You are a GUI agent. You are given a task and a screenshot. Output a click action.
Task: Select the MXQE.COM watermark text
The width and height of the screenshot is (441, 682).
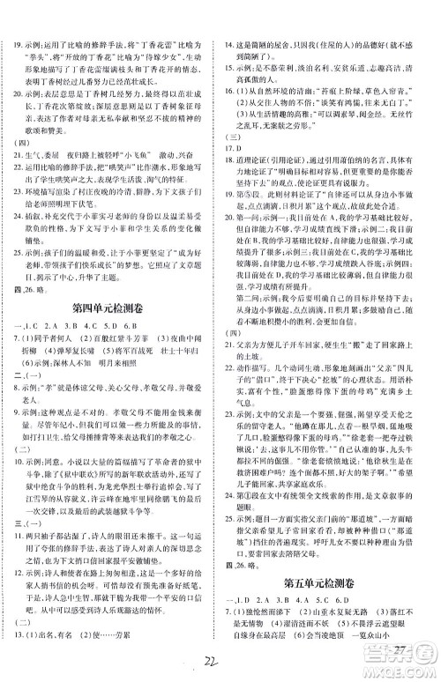point(407,676)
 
